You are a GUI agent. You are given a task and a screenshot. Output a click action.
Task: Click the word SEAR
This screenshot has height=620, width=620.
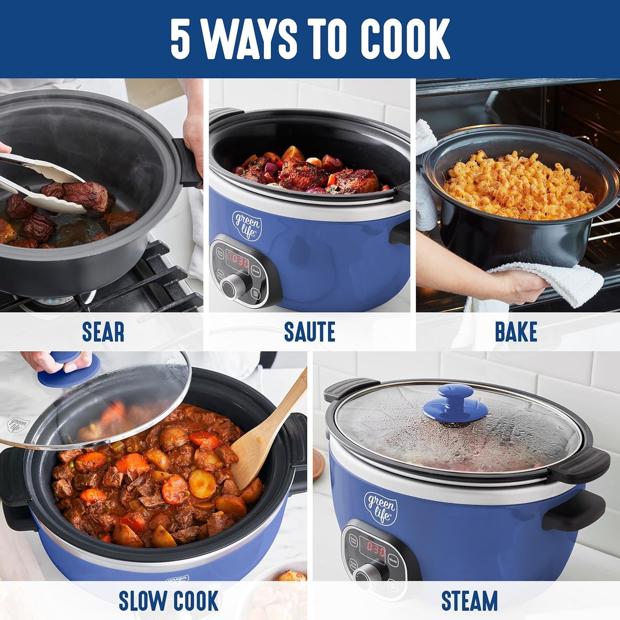(x=103, y=332)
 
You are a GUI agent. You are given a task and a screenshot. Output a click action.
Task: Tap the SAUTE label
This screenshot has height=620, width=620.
(x=309, y=332)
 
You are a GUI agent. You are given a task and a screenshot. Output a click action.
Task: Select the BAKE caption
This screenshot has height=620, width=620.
(x=516, y=332)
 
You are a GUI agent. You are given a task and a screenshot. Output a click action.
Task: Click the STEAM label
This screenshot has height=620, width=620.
(x=469, y=600)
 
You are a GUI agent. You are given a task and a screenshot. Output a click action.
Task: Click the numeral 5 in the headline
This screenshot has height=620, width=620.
(x=180, y=39)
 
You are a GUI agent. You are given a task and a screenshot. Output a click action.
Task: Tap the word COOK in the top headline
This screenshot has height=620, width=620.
(x=405, y=39)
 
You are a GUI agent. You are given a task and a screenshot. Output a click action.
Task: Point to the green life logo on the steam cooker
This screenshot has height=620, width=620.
(x=380, y=507)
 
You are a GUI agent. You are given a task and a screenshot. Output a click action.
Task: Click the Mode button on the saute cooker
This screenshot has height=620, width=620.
(x=256, y=271)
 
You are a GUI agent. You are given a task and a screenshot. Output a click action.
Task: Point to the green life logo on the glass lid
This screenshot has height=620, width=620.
(x=18, y=425)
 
